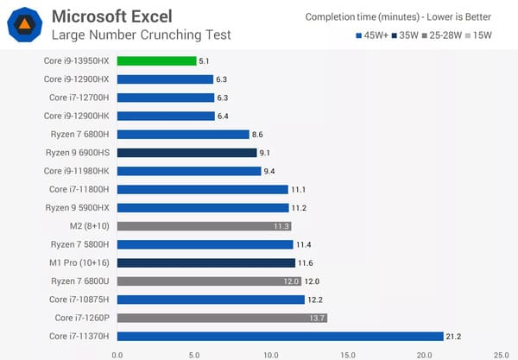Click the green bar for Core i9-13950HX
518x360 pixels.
(x=156, y=60)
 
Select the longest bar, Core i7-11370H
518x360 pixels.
(x=280, y=336)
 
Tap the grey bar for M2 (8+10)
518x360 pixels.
(x=204, y=226)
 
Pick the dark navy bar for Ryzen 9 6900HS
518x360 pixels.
(x=186, y=153)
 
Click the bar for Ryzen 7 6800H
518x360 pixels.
(x=183, y=134)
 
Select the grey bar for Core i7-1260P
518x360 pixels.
(x=222, y=318)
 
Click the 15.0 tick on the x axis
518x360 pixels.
(x=347, y=353)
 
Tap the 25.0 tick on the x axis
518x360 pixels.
(x=501, y=353)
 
